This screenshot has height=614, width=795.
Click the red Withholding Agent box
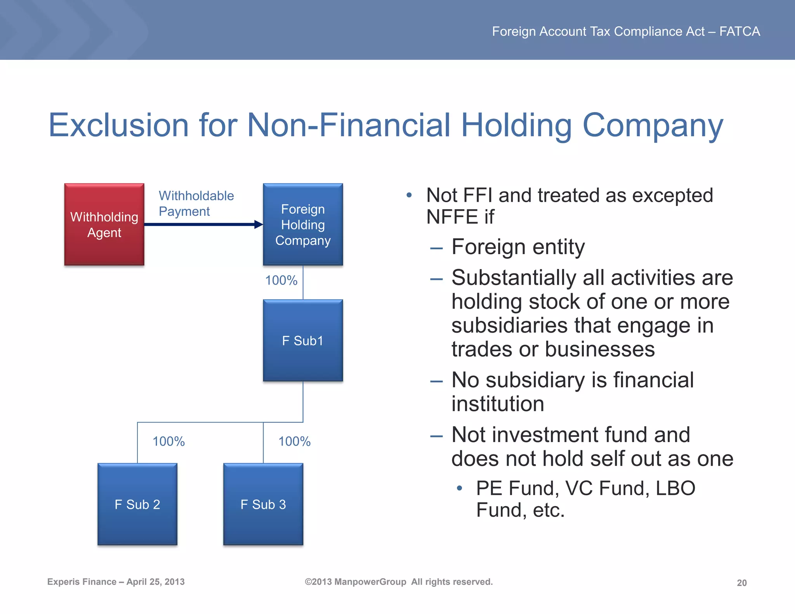tap(104, 224)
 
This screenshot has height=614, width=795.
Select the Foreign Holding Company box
tap(303, 224)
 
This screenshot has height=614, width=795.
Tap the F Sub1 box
tap(303, 340)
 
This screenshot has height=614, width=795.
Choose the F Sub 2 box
tap(137, 504)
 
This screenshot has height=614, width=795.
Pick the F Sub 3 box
tap(263, 504)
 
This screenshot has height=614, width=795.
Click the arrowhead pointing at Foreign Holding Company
tap(259, 224)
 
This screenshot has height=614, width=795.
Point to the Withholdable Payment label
tap(196, 203)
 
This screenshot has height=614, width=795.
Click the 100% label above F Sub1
tap(281, 280)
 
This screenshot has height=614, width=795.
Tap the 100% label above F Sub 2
tap(168, 441)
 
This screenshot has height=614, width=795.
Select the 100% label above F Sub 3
tap(294, 441)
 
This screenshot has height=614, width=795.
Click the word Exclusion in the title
tap(118, 125)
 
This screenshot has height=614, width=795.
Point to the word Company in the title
tap(653, 126)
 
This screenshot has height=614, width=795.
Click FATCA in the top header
tap(739, 31)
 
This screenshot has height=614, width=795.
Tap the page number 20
tap(741, 583)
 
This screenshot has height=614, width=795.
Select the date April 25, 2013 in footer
tap(155, 582)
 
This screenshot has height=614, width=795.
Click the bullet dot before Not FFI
tap(409, 195)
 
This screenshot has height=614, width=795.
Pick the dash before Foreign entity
tap(436, 248)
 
